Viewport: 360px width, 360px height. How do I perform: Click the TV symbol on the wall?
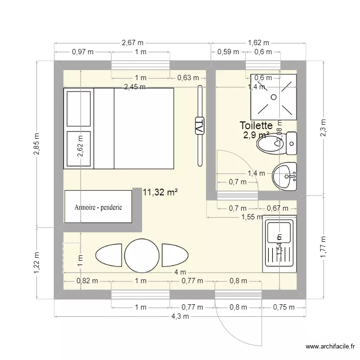[199, 127]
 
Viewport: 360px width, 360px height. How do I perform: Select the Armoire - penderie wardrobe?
[98, 207]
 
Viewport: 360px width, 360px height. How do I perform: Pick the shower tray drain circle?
[273, 97]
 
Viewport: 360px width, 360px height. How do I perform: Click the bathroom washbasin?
[285, 177]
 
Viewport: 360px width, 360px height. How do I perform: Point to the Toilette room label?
[256, 126]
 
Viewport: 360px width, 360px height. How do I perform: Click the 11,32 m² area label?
[160, 192]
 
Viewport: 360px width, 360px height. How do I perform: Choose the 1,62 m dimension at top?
[258, 43]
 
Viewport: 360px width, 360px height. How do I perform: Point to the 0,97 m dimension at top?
[83, 52]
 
